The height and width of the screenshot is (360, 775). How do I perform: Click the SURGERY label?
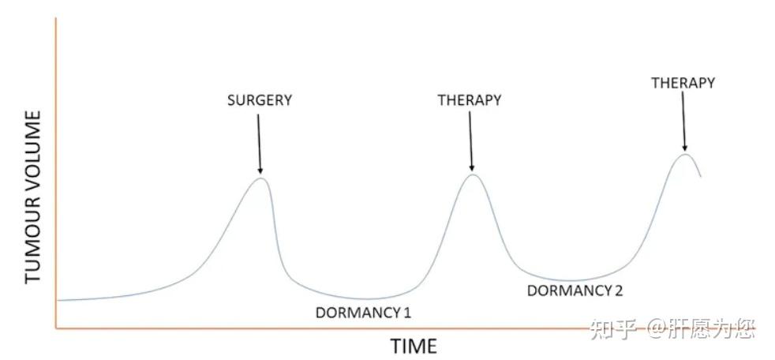(260, 100)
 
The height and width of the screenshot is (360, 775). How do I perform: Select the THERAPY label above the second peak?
(470, 100)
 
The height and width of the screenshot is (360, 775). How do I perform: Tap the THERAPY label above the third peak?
(683, 82)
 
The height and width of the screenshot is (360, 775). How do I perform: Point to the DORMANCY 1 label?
(363, 312)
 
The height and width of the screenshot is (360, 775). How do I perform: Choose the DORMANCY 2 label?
(575, 290)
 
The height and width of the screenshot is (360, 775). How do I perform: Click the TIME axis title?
(414, 346)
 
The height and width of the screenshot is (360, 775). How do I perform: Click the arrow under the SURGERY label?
(259, 142)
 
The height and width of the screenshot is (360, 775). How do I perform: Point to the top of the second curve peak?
(472, 174)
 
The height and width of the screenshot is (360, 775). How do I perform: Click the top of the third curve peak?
(686, 153)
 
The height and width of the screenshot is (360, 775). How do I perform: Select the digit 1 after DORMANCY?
(407, 312)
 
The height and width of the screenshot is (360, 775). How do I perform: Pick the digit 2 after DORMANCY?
(619, 290)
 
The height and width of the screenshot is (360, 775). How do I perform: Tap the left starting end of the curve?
(59, 300)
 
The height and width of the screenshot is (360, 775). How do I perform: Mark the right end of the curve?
(701, 177)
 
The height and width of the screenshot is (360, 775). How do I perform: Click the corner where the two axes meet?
(56, 328)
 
